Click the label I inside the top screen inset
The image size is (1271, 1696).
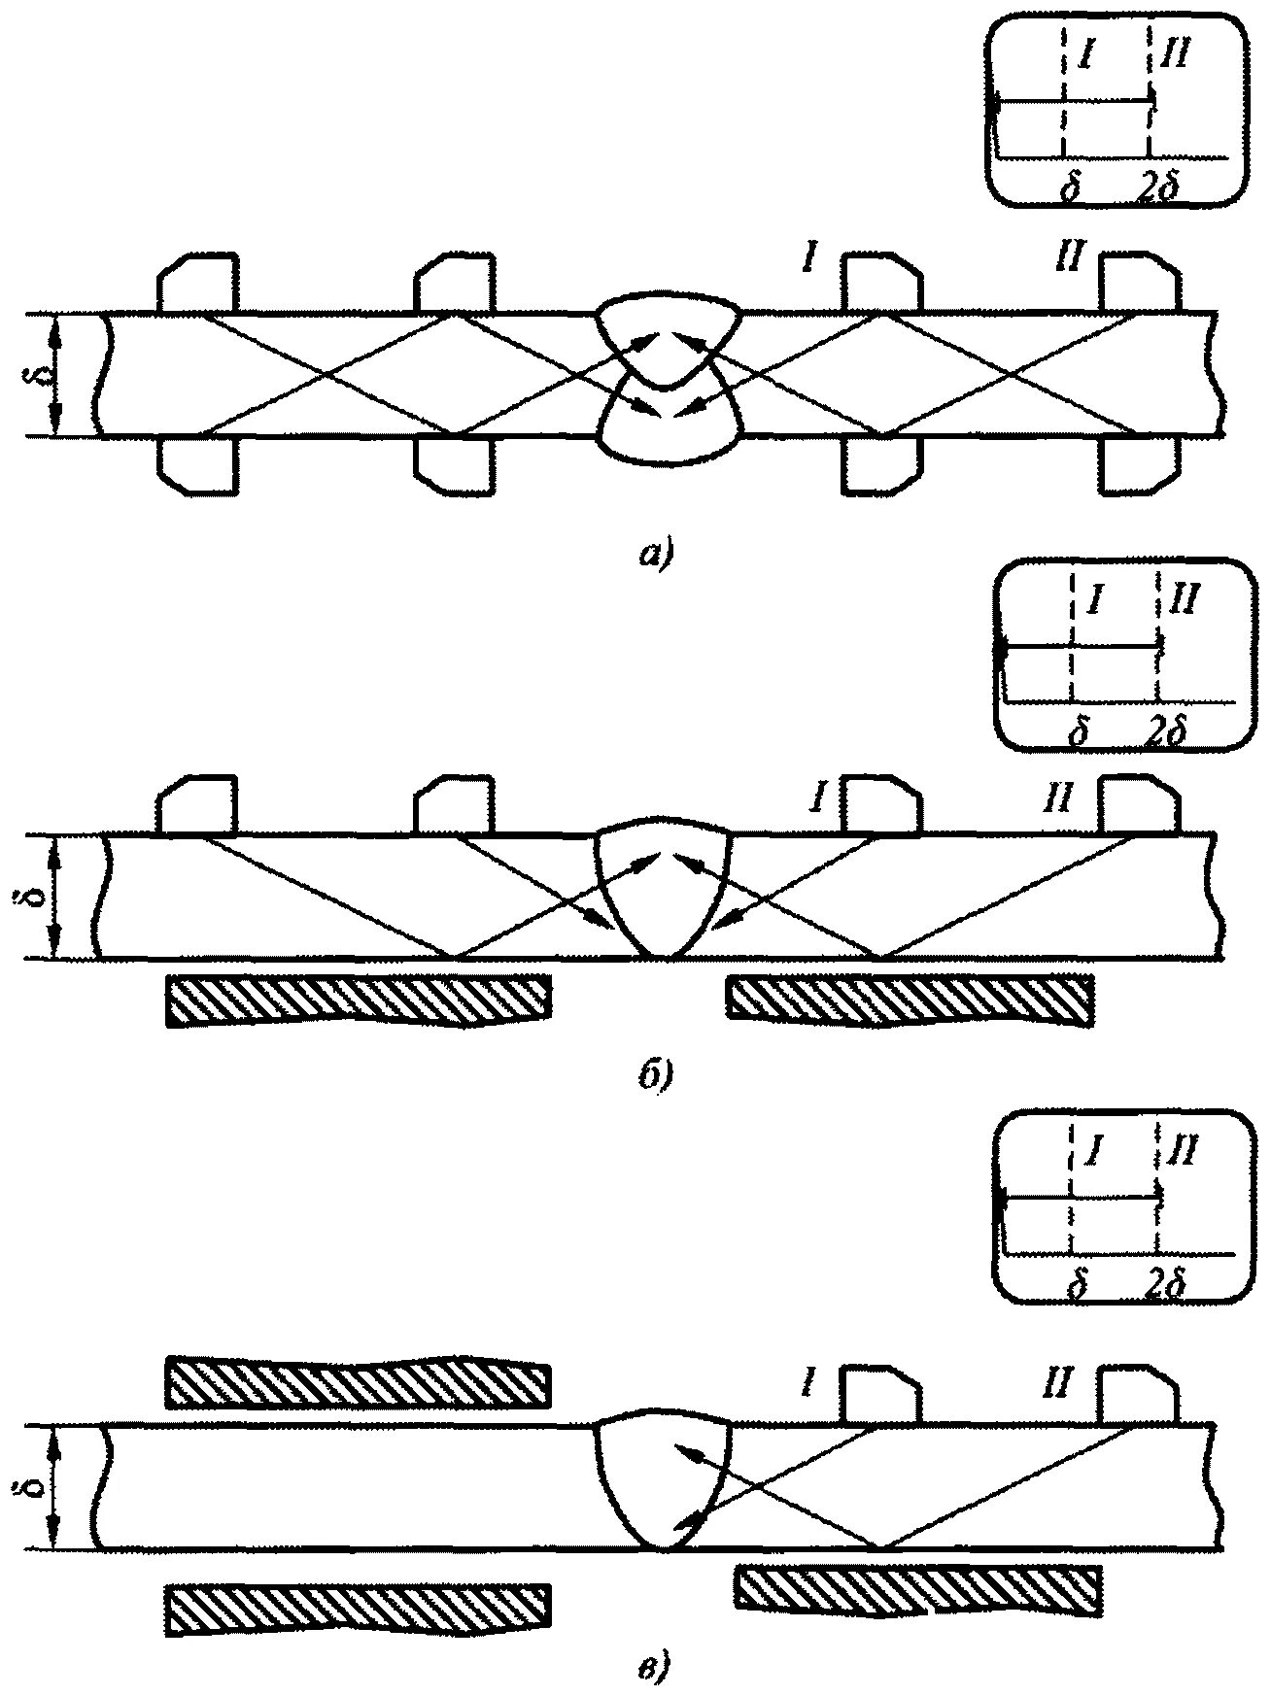(1086, 56)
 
